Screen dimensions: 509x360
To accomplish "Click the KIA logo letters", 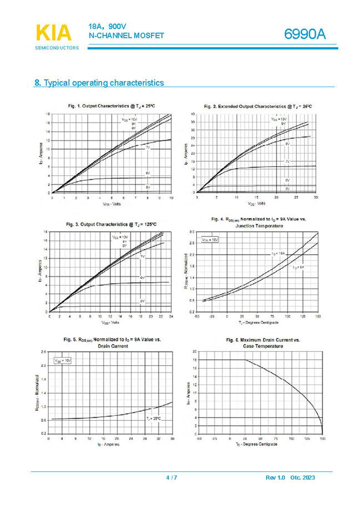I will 54,33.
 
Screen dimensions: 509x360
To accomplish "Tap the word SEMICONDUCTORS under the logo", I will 57,48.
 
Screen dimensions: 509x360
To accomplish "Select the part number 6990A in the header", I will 305,34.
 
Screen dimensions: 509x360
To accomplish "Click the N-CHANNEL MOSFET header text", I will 126,36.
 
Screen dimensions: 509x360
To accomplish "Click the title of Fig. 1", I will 111,105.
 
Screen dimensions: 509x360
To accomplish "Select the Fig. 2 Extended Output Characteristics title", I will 257,106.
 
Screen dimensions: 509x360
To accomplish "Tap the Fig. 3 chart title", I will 111,224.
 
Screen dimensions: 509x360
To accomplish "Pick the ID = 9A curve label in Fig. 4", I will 300,268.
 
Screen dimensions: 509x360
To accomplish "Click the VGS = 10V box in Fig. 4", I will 210,240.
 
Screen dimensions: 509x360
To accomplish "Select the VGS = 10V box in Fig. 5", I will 63,360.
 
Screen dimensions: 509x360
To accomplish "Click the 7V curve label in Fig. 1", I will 148,148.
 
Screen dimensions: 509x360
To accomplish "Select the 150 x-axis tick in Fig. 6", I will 322,438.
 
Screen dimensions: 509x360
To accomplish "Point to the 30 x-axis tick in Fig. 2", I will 316,198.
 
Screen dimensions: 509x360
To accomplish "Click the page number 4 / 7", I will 172,478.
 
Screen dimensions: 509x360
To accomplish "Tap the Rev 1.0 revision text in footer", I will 275,478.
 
